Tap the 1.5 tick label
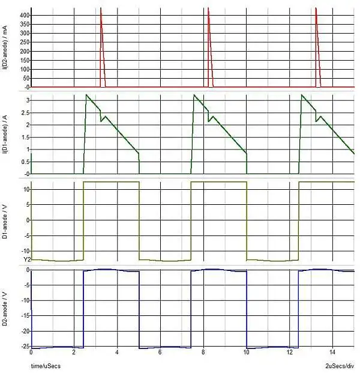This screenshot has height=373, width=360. coord(25,137)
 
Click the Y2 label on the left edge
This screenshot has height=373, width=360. coord(26,259)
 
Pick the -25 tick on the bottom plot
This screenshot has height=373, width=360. coord(25,348)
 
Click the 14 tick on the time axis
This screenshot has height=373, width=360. coord(332,353)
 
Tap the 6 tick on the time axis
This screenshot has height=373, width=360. coord(160,353)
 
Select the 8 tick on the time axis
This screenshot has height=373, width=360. coord(203,353)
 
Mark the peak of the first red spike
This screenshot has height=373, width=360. coord(100,8)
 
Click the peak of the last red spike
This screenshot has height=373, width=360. coord(316,8)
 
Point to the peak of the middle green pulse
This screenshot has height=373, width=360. coord(194,95)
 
